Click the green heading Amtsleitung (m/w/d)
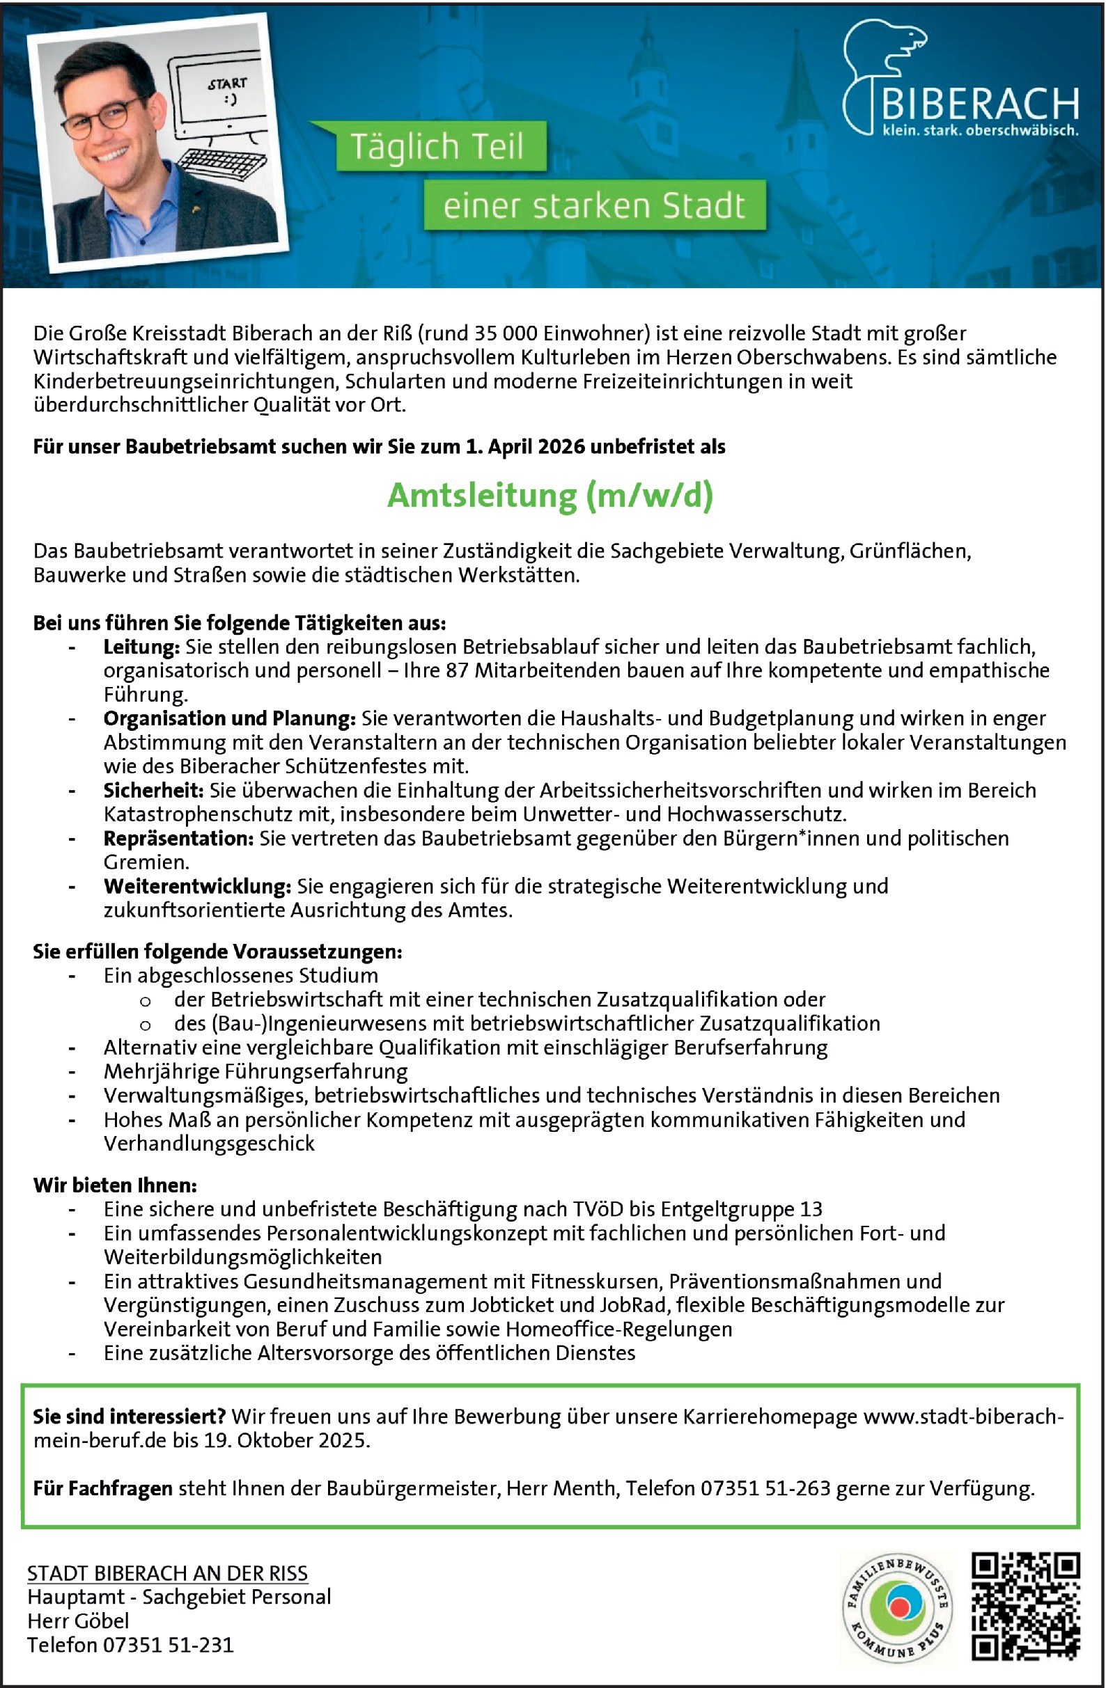pyautogui.click(x=550, y=496)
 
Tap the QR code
pyautogui.click(x=1025, y=1607)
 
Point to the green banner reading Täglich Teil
pyautogui.click(x=437, y=147)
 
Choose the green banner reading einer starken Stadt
pyautogui.click(x=595, y=205)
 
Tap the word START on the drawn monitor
pyautogui.click(x=227, y=84)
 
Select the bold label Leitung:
pyautogui.click(x=141, y=647)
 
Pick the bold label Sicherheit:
pyautogui.click(x=153, y=790)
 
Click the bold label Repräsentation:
pyautogui.click(x=178, y=838)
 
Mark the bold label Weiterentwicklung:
pyautogui.click(x=197, y=887)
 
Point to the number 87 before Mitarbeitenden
pyautogui.click(x=457, y=671)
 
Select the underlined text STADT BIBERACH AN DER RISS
pyautogui.click(x=167, y=1573)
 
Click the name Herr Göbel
pyautogui.click(x=78, y=1620)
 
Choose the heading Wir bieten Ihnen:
pyautogui.click(x=115, y=1185)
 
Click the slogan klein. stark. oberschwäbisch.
pyautogui.click(x=980, y=130)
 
